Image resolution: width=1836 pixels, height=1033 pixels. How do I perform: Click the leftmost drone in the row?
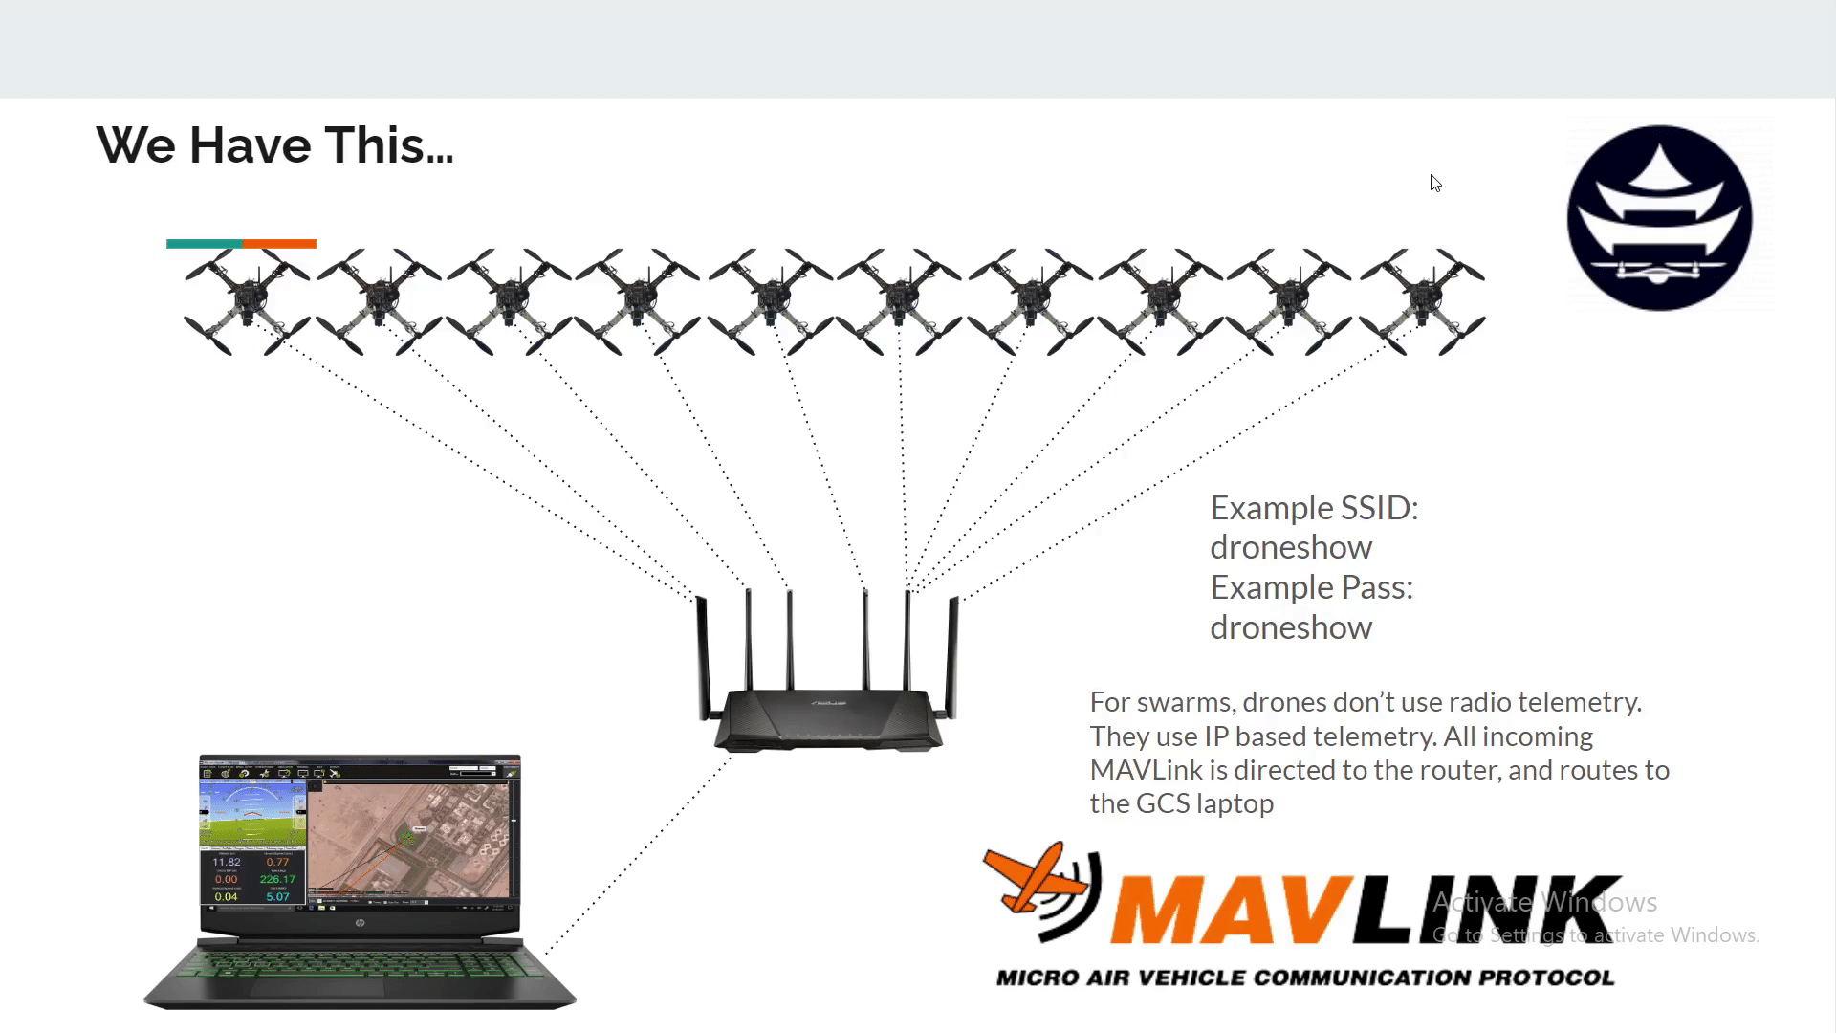coord(247,301)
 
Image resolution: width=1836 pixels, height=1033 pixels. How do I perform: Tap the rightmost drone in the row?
coord(1422,301)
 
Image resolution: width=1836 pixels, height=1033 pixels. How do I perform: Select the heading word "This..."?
coord(389,145)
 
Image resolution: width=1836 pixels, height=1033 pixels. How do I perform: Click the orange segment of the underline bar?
coord(279,244)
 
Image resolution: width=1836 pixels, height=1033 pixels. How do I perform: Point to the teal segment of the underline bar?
coord(204,244)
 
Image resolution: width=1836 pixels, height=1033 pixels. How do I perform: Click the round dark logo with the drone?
coord(1659,218)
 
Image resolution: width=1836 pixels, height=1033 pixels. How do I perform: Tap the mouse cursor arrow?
coord(1435,183)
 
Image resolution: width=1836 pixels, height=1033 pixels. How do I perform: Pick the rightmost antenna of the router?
coord(952,655)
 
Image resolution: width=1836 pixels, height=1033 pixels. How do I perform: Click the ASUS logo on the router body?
coord(830,703)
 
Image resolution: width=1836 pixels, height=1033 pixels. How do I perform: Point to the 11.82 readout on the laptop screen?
coord(227,862)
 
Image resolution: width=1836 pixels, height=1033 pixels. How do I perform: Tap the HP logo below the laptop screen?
coord(360,923)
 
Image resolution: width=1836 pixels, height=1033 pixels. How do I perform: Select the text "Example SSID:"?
coord(1314,508)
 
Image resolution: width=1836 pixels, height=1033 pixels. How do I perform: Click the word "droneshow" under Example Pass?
coord(1291,627)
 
